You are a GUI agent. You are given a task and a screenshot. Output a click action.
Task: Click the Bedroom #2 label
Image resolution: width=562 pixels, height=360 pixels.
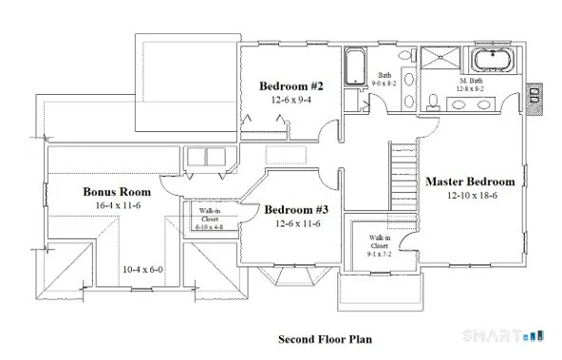pyautogui.click(x=291, y=86)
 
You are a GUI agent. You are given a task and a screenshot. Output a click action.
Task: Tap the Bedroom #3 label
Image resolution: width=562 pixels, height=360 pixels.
pyautogui.click(x=296, y=210)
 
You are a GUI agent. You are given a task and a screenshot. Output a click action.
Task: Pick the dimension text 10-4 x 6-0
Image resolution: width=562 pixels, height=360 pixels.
pyautogui.click(x=141, y=269)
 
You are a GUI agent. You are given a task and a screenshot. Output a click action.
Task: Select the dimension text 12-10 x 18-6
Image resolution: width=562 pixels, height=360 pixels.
pyautogui.click(x=470, y=196)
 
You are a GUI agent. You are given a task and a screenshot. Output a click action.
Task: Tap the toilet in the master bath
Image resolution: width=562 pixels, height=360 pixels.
pyautogui.click(x=432, y=98)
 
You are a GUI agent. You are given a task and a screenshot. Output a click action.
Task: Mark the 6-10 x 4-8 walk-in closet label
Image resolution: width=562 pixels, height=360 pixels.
pyautogui.click(x=208, y=218)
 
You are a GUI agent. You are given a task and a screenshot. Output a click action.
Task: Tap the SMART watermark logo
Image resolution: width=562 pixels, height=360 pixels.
pyautogui.click(x=501, y=335)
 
